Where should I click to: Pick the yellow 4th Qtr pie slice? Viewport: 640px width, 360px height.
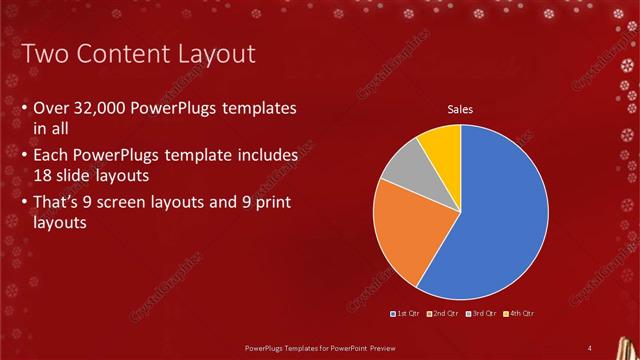click(441, 146)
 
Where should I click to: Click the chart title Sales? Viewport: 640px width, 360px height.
click(460, 110)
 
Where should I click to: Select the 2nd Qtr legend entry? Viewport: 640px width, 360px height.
click(445, 314)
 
